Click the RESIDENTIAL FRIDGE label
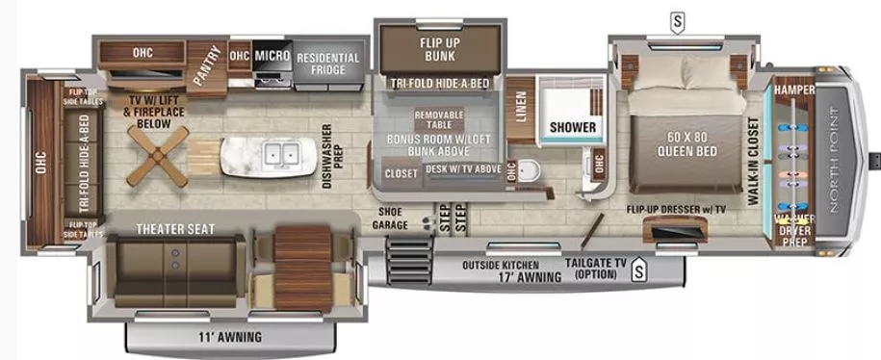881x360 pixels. pyautogui.click(x=328, y=64)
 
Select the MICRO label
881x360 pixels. pyautogui.click(x=272, y=56)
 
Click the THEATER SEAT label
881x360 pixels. pyautogui.click(x=174, y=229)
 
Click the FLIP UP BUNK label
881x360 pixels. pyautogui.click(x=438, y=50)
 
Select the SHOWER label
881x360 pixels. pyautogui.click(x=572, y=127)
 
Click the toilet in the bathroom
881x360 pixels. pyautogui.click(x=526, y=169)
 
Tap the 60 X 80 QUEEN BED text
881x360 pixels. pyautogui.click(x=685, y=142)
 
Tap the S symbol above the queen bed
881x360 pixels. pyautogui.click(x=679, y=18)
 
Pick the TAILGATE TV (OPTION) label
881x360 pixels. pyautogui.click(x=597, y=270)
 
